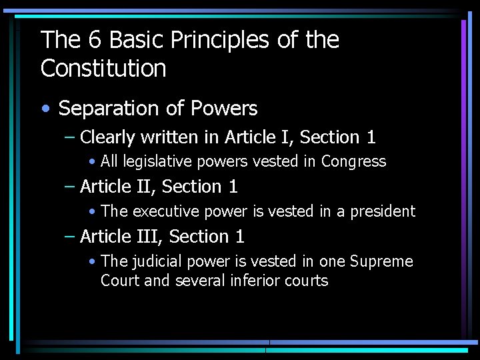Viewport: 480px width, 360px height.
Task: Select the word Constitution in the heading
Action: (103, 69)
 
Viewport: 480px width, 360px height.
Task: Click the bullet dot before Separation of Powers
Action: (46, 109)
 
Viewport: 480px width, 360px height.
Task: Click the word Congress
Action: (353, 162)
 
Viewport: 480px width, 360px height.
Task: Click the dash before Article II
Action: (70, 187)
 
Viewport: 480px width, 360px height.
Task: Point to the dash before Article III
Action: (70, 237)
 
